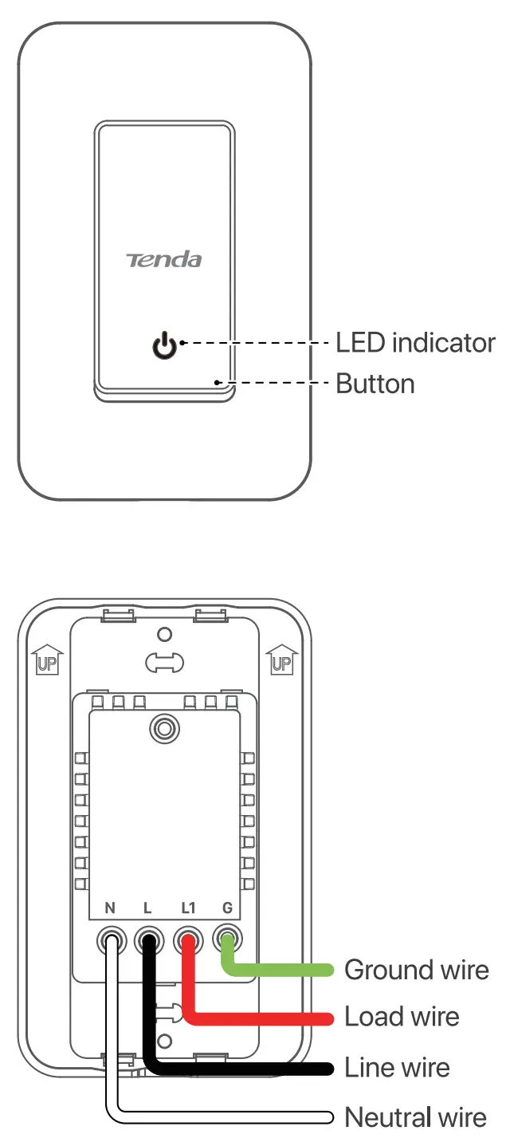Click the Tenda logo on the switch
pos(164,259)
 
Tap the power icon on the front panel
pos(163,345)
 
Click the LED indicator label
pos(414,343)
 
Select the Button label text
pos(375,384)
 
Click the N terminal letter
pos(110,908)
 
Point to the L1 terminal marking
pos(188,908)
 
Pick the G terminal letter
pos(228,908)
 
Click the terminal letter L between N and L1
pos(147,908)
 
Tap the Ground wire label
pos(416,970)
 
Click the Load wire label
pos(402,1017)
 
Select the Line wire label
pos(397,1068)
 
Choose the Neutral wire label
pos(415,1117)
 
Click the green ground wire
pos(279,970)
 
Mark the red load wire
pos(263,1018)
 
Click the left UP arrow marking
pos(47,660)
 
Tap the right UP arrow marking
pos(280,660)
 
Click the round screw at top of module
pos(165,728)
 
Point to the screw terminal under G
pos(228,940)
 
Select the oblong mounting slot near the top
pos(165,663)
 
